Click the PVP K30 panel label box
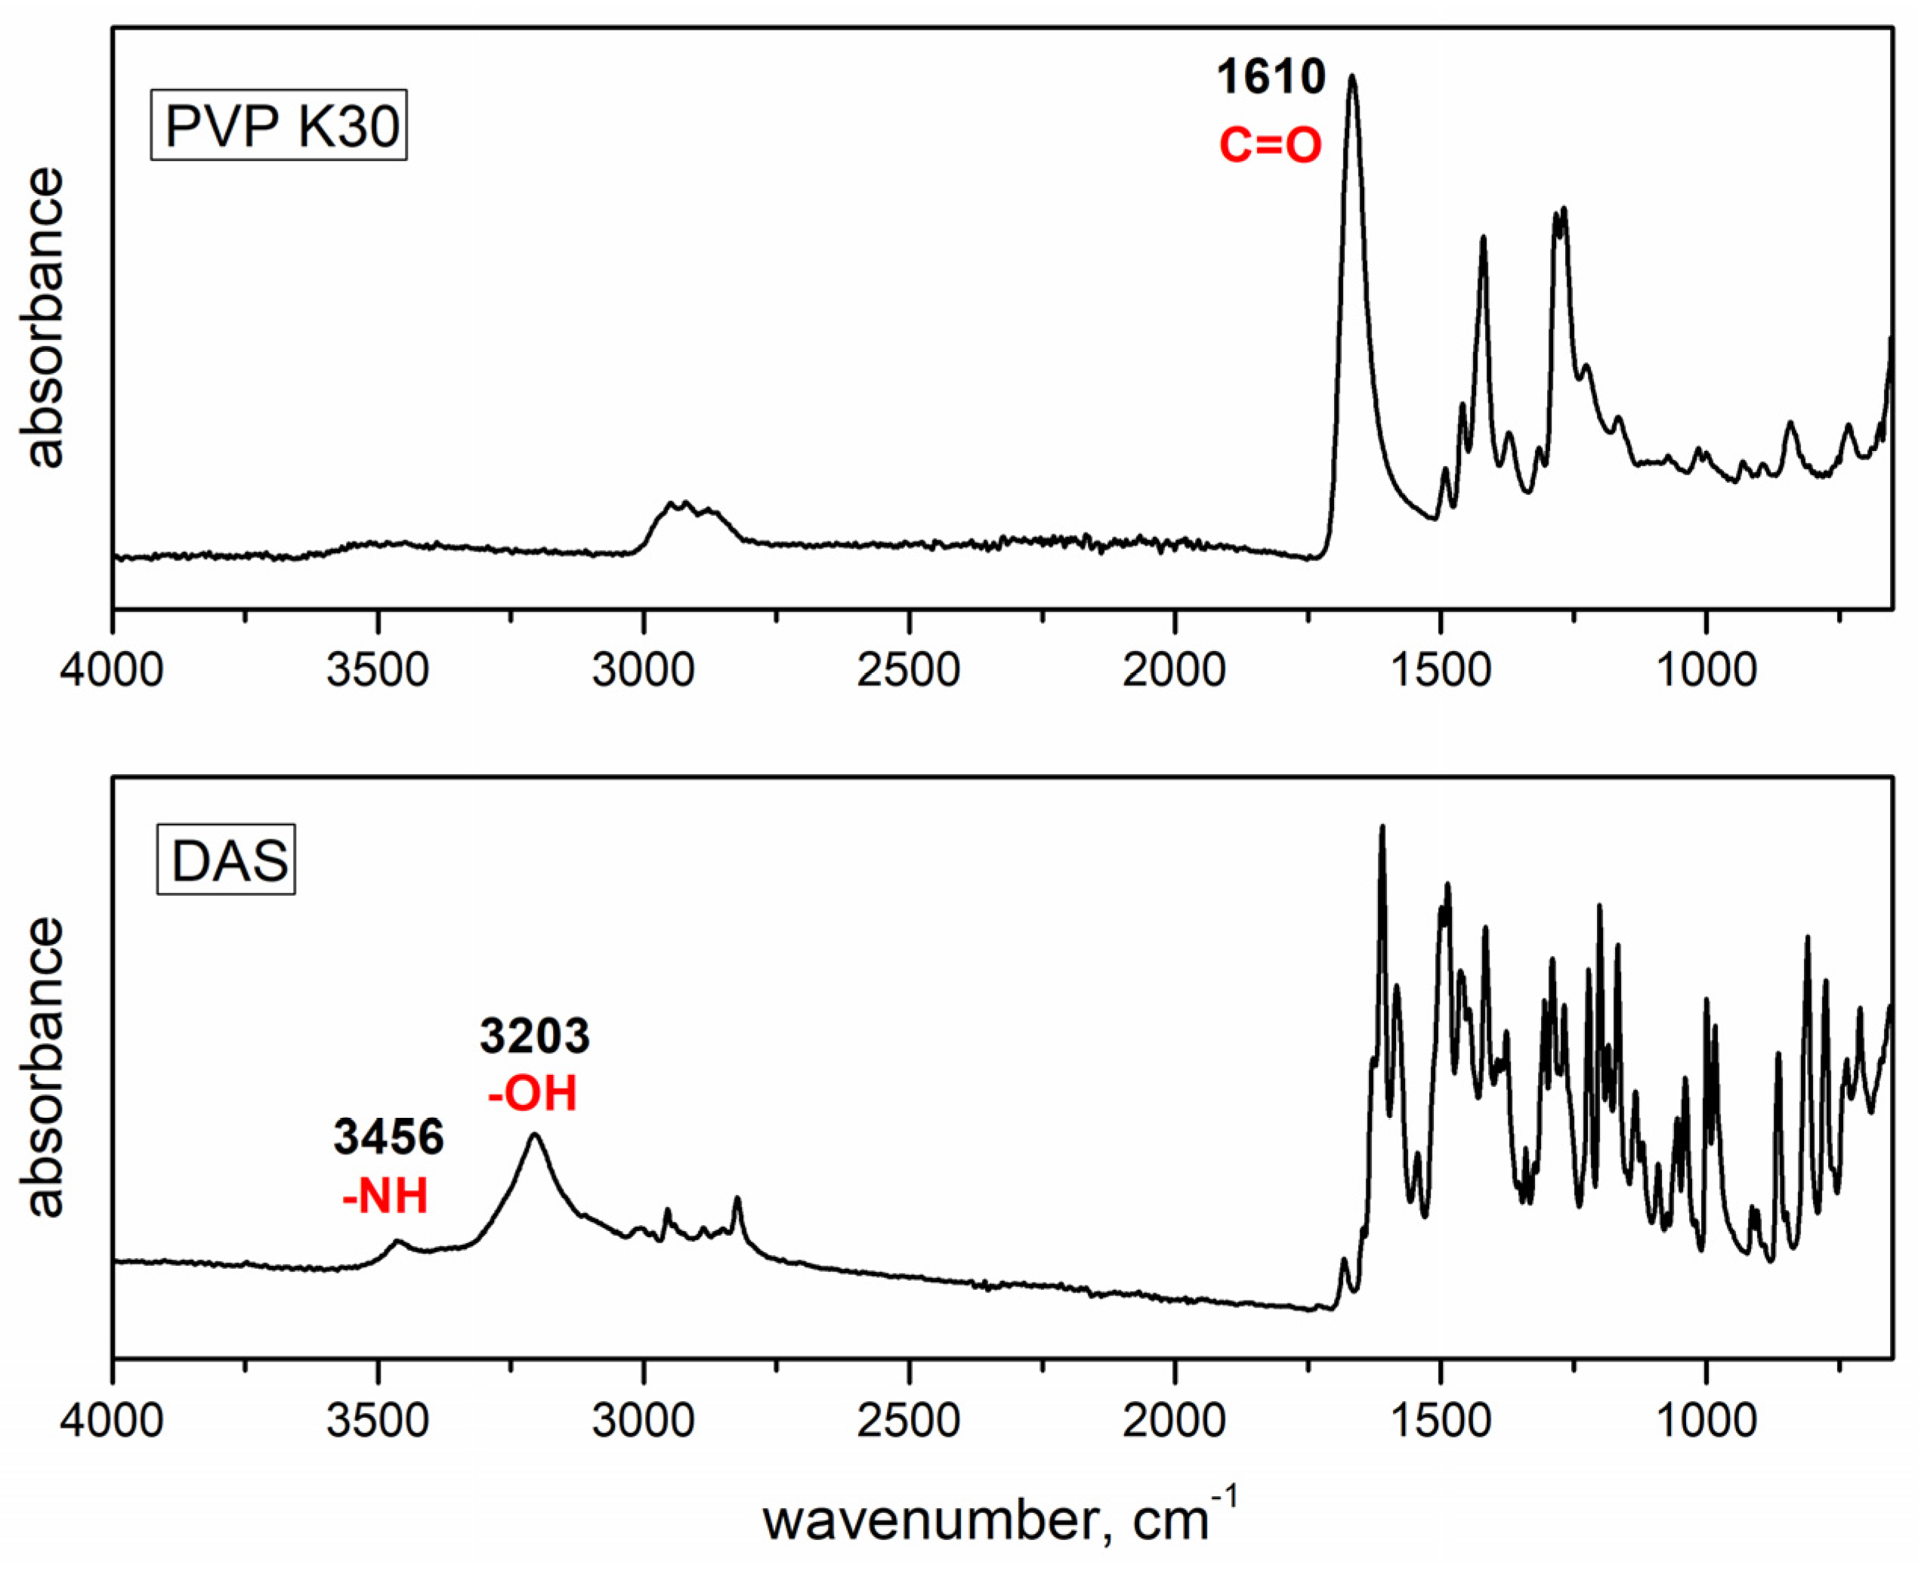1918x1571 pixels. tap(279, 126)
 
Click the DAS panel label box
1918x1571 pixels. tap(227, 860)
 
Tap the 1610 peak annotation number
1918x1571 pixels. tap(1271, 77)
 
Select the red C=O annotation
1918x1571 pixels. tap(1271, 146)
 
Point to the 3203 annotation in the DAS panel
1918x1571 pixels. tap(534, 1036)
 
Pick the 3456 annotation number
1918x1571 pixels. tap(388, 1137)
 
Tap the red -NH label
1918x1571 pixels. tap(385, 1196)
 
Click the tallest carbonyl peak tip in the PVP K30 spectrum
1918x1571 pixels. tap(1352, 77)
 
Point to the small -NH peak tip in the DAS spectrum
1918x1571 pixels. tap(397, 1242)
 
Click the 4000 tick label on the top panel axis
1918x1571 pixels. tap(113, 671)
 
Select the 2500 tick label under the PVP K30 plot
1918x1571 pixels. tap(909, 671)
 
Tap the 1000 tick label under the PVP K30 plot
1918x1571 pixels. tap(1706, 671)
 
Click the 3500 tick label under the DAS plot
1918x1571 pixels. tap(378, 1421)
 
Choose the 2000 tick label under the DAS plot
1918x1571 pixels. tap(1175, 1421)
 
